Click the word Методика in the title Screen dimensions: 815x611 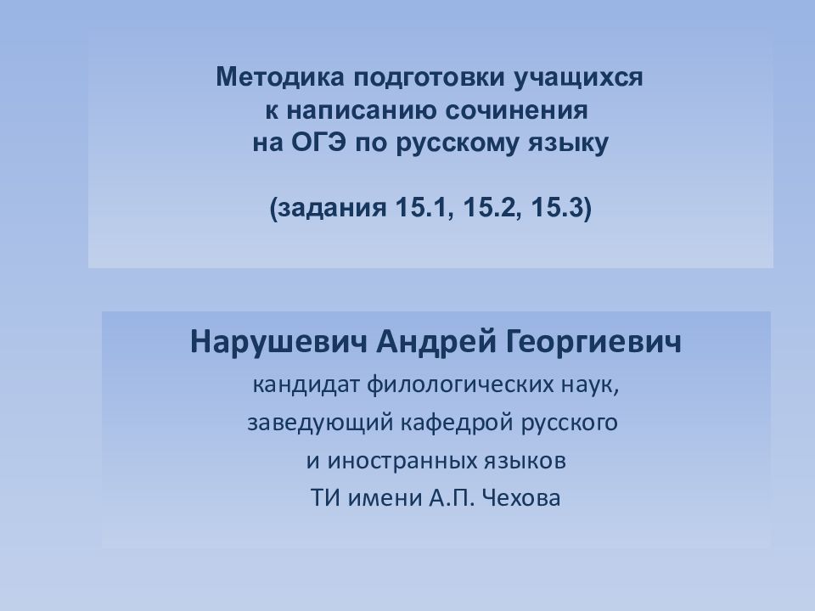coord(280,77)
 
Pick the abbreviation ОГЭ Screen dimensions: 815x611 coord(318,143)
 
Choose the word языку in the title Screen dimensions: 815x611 coord(568,144)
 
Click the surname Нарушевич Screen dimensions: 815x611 coord(278,343)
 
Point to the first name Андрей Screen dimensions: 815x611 coord(435,343)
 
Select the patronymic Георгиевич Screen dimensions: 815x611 coord(592,343)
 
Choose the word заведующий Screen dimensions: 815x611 coord(320,423)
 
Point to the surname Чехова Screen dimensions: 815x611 coord(520,498)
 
